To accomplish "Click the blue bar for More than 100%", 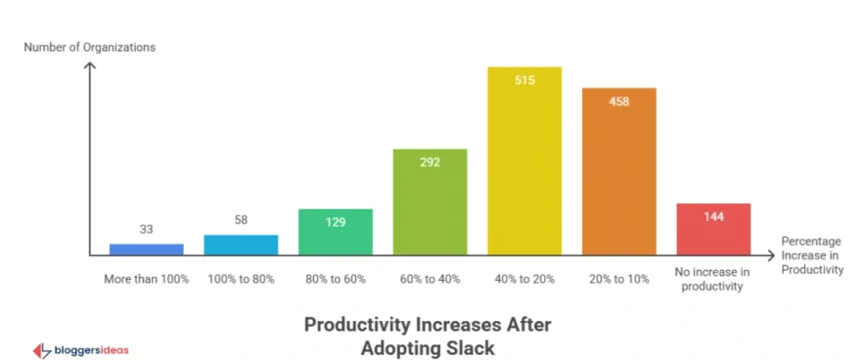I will pos(146,248).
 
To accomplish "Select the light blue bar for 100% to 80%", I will pos(241,245).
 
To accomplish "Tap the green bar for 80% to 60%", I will pos(336,232).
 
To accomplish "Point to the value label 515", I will pos(524,81).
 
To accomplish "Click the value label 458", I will pos(618,102).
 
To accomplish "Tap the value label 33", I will pos(146,230).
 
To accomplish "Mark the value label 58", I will pos(241,220).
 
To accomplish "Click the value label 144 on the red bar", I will pos(713,217).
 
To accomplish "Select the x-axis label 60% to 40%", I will pos(430,279).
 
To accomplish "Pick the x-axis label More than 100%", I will pos(146,279).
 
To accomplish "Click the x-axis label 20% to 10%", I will pos(618,279).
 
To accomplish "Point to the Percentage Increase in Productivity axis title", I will pos(811,254).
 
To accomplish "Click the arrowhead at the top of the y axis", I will pos(90,67).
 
